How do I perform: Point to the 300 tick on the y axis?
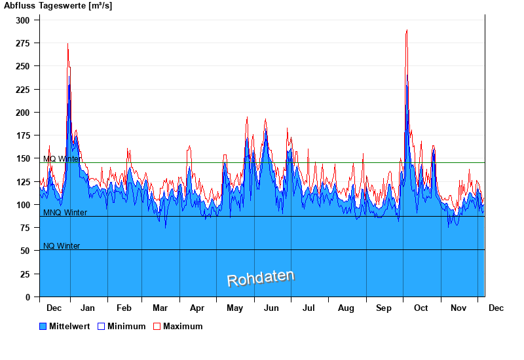(x=23, y=20)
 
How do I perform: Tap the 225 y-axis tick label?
(x=23, y=90)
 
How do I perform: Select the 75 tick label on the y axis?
(x=26, y=228)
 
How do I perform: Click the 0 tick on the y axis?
(x=28, y=297)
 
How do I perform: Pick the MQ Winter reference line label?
(x=62, y=159)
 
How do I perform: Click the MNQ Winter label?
(x=65, y=213)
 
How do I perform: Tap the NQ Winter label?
(x=62, y=246)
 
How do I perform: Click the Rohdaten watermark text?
(x=261, y=278)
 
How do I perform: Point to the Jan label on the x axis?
(x=87, y=308)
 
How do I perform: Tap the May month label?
(x=234, y=308)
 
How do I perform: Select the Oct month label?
(x=421, y=308)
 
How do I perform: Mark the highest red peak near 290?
(x=407, y=30)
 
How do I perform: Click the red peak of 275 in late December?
(x=67, y=44)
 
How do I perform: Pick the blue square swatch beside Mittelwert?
(x=43, y=326)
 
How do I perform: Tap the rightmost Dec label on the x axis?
(x=496, y=308)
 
